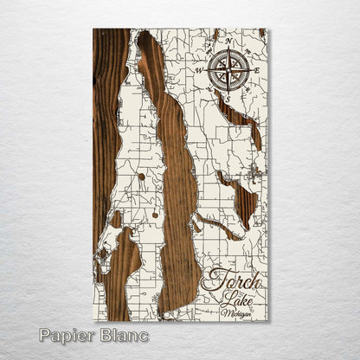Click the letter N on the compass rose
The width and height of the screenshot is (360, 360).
click(228, 41)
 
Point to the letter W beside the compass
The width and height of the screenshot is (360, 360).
click(198, 70)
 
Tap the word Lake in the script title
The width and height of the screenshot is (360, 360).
click(233, 299)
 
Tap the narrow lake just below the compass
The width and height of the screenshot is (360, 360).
click(241, 117)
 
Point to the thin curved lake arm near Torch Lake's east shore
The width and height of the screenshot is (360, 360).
click(216, 228)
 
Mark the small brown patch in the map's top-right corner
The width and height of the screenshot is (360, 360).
click(262, 33)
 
